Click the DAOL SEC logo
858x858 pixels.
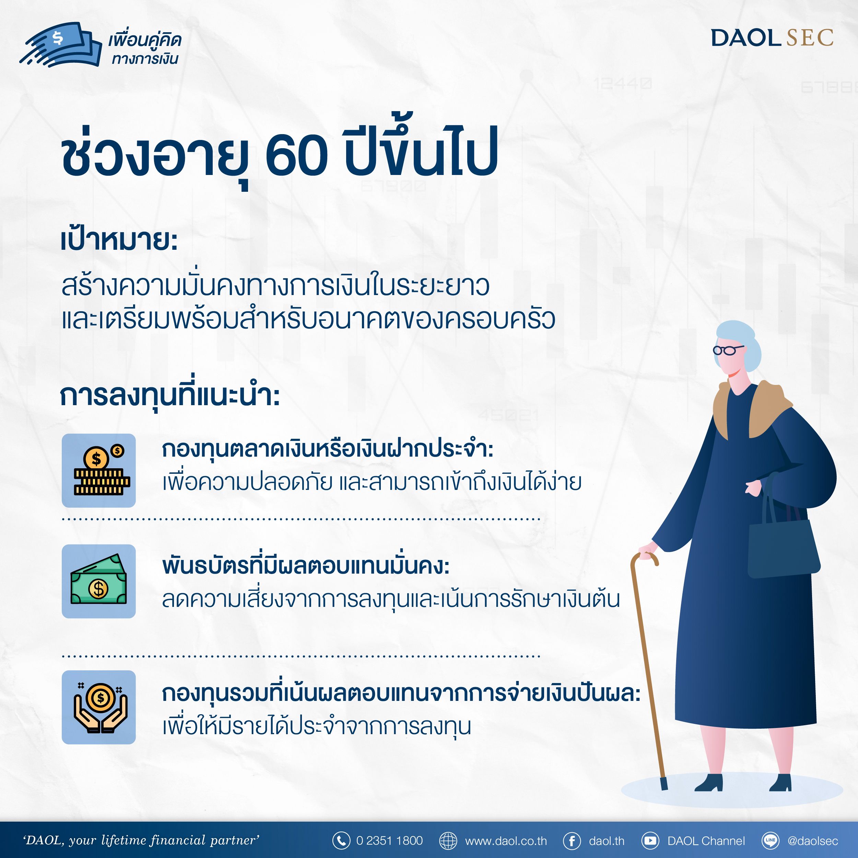coord(772,38)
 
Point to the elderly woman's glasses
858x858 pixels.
coord(727,350)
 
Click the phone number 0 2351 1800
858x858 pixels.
coord(389,841)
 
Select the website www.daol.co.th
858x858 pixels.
coord(506,841)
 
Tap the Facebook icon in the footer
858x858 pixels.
coord(572,841)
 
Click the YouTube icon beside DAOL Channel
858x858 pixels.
coord(650,841)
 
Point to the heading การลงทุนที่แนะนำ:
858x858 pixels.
coord(170,396)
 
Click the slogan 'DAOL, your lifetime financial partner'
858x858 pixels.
coord(141,840)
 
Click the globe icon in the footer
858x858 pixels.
coord(448,841)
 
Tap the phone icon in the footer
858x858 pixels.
coord(341,841)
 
